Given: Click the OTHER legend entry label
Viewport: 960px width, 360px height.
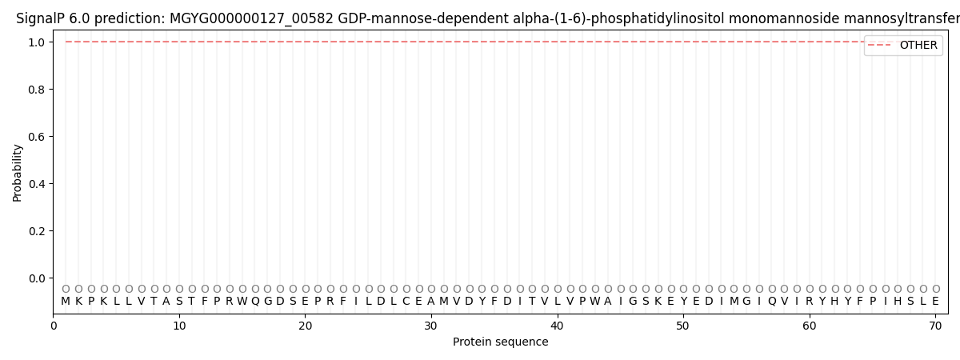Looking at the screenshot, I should [x=918, y=46].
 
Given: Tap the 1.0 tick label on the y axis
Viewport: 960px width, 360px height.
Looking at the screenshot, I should [x=36, y=42].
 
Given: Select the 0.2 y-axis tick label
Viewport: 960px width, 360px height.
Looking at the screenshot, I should [x=36, y=231].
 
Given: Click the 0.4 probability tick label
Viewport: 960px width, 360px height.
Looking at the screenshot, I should [x=36, y=184].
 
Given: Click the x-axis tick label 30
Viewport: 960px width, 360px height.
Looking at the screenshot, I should [x=431, y=325].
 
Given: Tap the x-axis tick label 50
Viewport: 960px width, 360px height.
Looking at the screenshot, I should [x=683, y=325].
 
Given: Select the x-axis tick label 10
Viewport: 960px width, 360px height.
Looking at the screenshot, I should [x=179, y=325].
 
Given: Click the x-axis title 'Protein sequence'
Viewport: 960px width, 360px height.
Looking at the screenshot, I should [x=501, y=342].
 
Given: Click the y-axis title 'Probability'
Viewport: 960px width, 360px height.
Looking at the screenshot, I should [x=18, y=172].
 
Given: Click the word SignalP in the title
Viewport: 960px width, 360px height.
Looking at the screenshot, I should [x=41, y=18].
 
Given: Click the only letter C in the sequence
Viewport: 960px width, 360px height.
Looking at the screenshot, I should [x=406, y=302].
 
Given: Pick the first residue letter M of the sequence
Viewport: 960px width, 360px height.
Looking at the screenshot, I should [x=66, y=302].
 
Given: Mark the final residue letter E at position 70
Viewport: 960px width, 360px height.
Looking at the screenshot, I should [x=935, y=302].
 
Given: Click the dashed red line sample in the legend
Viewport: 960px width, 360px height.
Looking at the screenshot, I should [x=880, y=46].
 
